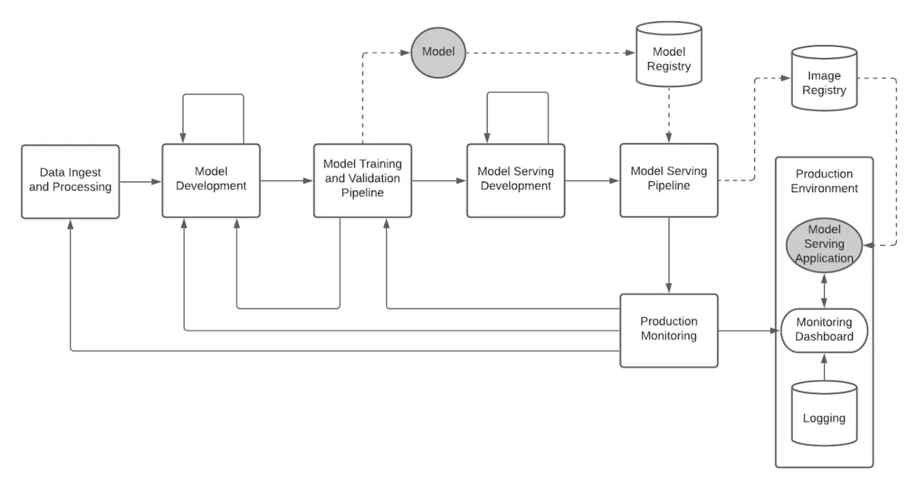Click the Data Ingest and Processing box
click(x=71, y=181)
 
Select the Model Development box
click(x=210, y=181)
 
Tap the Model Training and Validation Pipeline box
click(x=362, y=181)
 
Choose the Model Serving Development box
click(x=515, y=181)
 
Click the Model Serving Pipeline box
click(x=668, y=180)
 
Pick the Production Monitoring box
click(x=668, y=330)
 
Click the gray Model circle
click(x=438, y=52)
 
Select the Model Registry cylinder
click(x=668, y=55)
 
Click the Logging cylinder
click(x=824, y=414)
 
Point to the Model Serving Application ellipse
click(x=824, y=245)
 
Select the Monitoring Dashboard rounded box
click(x=824, y=330)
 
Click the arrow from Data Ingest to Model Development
click(x=140, y=181)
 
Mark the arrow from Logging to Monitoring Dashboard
click(x=824, y=366)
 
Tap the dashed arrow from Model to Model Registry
click(x=549, y=53)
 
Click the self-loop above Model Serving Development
click(x=517, y=93)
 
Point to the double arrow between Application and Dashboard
click(x=824, y=290)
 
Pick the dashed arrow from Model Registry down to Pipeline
click(x=668, y=114)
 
